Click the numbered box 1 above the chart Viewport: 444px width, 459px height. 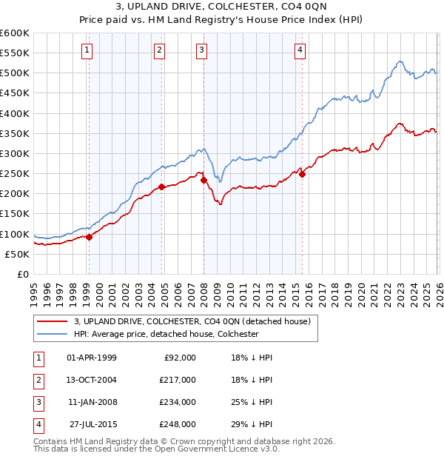click(x=87, y=50)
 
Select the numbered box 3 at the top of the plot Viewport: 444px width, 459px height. click(x=202, y=50)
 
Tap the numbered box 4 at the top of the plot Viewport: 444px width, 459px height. click(x=300, y=50)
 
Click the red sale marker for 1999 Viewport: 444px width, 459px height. click(x=89, y=238)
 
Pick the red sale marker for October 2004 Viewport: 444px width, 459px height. click(x=161, y=187)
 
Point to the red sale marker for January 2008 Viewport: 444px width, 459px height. click(x=203, y=180)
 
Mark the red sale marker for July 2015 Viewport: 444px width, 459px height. click(x=302, y=175)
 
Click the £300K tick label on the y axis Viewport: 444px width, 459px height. click(x=15, y=153)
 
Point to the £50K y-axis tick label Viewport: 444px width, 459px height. click(x=18, y=254)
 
